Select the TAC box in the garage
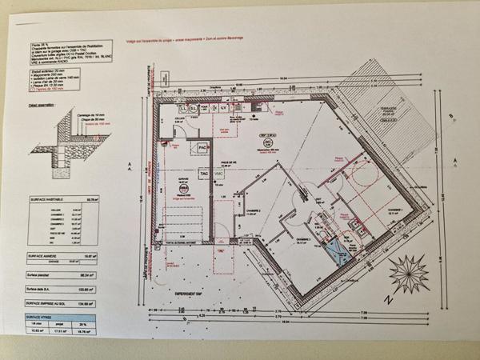coord(203,173)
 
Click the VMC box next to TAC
coord(218,173)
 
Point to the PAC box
coord(203,149)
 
